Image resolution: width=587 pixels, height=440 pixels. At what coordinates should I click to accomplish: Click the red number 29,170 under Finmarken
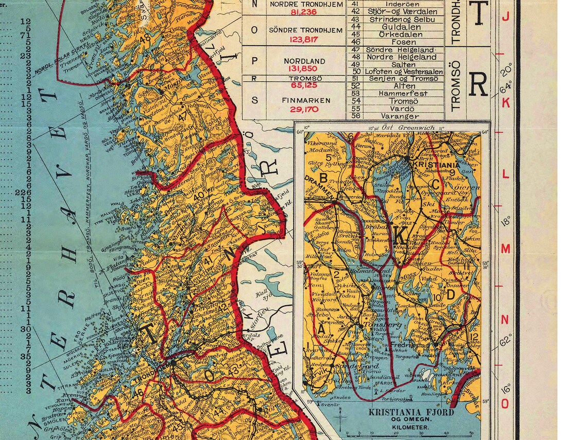[x=304, y=109]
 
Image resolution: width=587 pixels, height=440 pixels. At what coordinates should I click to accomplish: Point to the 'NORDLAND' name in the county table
[x=304, y=61]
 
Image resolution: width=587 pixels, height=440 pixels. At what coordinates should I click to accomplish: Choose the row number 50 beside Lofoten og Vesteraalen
[x=355, y=72]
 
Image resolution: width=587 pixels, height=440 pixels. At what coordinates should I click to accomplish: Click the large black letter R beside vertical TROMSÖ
[x=478, y=85]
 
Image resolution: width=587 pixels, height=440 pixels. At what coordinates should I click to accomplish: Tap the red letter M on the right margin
[x=505, y=249]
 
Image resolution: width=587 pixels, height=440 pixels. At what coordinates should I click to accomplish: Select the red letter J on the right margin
[x=505, y=17]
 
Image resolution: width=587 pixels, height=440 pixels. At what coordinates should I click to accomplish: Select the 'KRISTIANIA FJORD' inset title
[x=410, y=413]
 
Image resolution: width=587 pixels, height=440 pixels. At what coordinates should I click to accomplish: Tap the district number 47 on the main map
[x=182, y=117]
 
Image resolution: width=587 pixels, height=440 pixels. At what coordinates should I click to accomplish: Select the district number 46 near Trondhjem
[x=139, y=392]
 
